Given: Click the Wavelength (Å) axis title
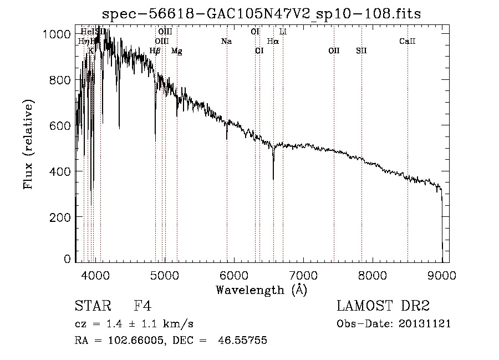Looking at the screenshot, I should click(x=261, y=290).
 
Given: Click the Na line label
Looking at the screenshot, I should click(x=226, y=41).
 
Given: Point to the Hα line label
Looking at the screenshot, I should click(x=273, y=41).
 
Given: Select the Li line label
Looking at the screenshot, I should click(x=283, y=32).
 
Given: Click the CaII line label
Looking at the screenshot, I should click(x=408, y=41).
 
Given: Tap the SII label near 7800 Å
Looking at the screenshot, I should click(x=361, y=51).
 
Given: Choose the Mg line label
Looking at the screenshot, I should click(x=176, y=51).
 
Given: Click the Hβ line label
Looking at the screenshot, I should click(x=155, y=51).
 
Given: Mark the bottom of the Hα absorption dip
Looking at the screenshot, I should click(x=273, y=179).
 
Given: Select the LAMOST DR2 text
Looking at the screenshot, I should click(x=383, y=307).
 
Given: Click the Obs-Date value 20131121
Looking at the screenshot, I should click(x=425, y=323).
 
